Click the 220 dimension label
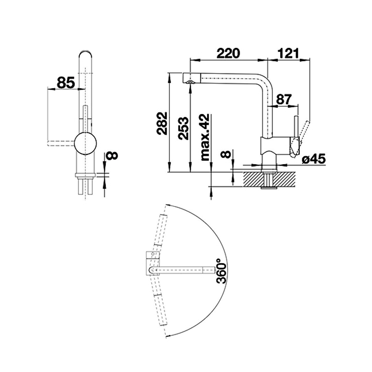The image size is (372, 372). tap(228, 53)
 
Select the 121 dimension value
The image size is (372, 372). tap(289, 53)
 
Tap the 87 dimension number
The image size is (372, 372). tap(284, 99)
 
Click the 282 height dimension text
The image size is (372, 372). tap(163, 124)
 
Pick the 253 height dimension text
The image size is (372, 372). tap(184, 128)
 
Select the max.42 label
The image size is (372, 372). tap(205, 137)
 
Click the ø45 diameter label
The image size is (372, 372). tap(314, 159)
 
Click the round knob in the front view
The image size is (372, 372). tap(86, 144)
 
